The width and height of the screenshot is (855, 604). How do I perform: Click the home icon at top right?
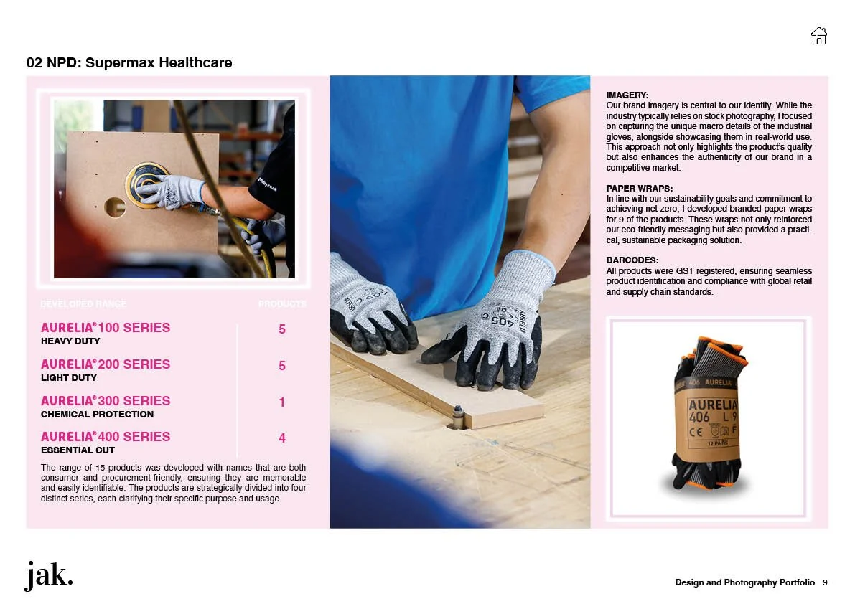(x=818, y=36)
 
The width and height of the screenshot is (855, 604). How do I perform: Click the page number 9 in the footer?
(x=825, y=582)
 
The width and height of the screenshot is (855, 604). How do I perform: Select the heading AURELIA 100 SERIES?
(x=106, y=328)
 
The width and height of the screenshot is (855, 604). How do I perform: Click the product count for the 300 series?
(x=282, y=402)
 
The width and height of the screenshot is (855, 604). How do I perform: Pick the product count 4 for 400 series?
(x=282, y=438)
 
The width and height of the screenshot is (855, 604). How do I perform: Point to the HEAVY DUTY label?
(x=71, y=341)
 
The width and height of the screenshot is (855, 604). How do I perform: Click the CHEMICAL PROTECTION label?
(x=98, y=414)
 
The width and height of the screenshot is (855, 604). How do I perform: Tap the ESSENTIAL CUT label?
(x=78, y=450)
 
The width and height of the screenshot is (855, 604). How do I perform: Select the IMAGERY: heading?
(x=627, y=95)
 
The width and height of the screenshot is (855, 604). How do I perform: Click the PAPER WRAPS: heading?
(x=640, y=189)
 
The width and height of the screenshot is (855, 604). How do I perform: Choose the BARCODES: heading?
(x=632, y=260)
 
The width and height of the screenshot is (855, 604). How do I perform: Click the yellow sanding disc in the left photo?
(x=146, y=184)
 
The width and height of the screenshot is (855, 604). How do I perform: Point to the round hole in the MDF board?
(x=115, y=207)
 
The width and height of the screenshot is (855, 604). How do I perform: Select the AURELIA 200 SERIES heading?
(x=106, y=364)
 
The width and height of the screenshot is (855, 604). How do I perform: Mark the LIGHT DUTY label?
(x=69, y=378)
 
